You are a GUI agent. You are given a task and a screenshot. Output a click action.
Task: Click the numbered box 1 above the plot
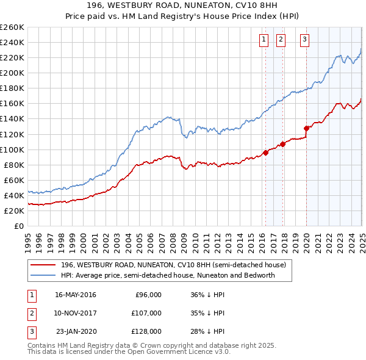point(264,40)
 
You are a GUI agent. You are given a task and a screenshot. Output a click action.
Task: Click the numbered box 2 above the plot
point(281,40)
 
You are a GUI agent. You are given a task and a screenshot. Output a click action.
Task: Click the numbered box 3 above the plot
point(304,40)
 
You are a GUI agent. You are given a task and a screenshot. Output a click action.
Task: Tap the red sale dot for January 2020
point(307,128)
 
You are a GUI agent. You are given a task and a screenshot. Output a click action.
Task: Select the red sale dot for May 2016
point(266,153)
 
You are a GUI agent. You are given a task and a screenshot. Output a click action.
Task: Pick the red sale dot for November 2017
point(283,144)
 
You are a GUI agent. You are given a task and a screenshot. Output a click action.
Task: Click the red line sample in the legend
point(43,265)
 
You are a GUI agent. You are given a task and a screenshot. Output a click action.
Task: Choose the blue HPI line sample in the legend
point(43,275)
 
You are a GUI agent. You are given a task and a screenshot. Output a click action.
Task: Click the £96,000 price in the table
point(148,295)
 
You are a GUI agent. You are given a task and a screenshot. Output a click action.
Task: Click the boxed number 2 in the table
point(30,313)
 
